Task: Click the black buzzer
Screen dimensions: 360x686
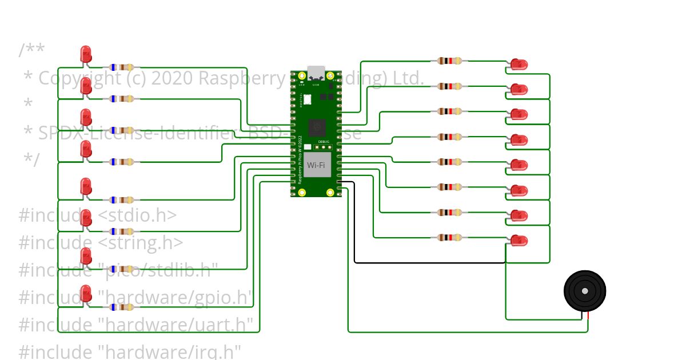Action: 584,291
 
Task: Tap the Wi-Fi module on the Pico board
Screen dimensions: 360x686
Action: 317,165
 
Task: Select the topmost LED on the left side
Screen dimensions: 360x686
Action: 86,54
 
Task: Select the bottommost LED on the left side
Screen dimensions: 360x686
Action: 86,293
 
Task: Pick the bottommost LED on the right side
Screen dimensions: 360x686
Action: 519,240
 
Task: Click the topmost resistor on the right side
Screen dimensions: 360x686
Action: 449,61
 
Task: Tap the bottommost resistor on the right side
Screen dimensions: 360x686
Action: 449,237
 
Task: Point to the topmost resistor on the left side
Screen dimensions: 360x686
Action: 121,67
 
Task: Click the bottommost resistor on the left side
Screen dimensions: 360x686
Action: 121,307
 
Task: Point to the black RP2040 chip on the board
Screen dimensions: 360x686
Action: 316,127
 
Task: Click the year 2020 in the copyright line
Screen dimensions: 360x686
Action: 172,78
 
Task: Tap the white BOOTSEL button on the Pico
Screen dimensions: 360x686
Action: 307,99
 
